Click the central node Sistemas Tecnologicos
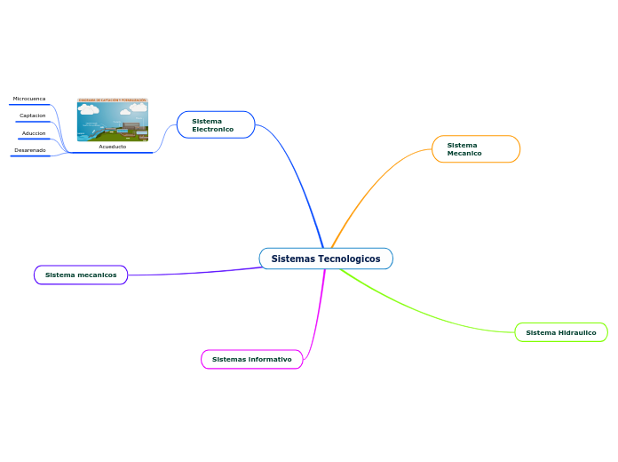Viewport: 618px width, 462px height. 326,259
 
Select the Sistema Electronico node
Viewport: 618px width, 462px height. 216,125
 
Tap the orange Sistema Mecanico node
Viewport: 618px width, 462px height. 475,149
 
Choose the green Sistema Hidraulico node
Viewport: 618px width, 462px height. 560,332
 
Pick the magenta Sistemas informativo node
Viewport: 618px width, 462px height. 252,359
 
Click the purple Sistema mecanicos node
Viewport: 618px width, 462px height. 81,275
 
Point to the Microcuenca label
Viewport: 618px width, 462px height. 29,99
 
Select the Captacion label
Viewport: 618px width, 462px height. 33,115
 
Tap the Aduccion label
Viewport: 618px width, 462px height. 34,133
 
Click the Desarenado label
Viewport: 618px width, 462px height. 30,150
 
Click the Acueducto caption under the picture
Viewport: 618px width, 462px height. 113,147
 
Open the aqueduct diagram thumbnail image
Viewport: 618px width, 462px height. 113,120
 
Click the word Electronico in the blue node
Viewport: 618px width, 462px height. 212,130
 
